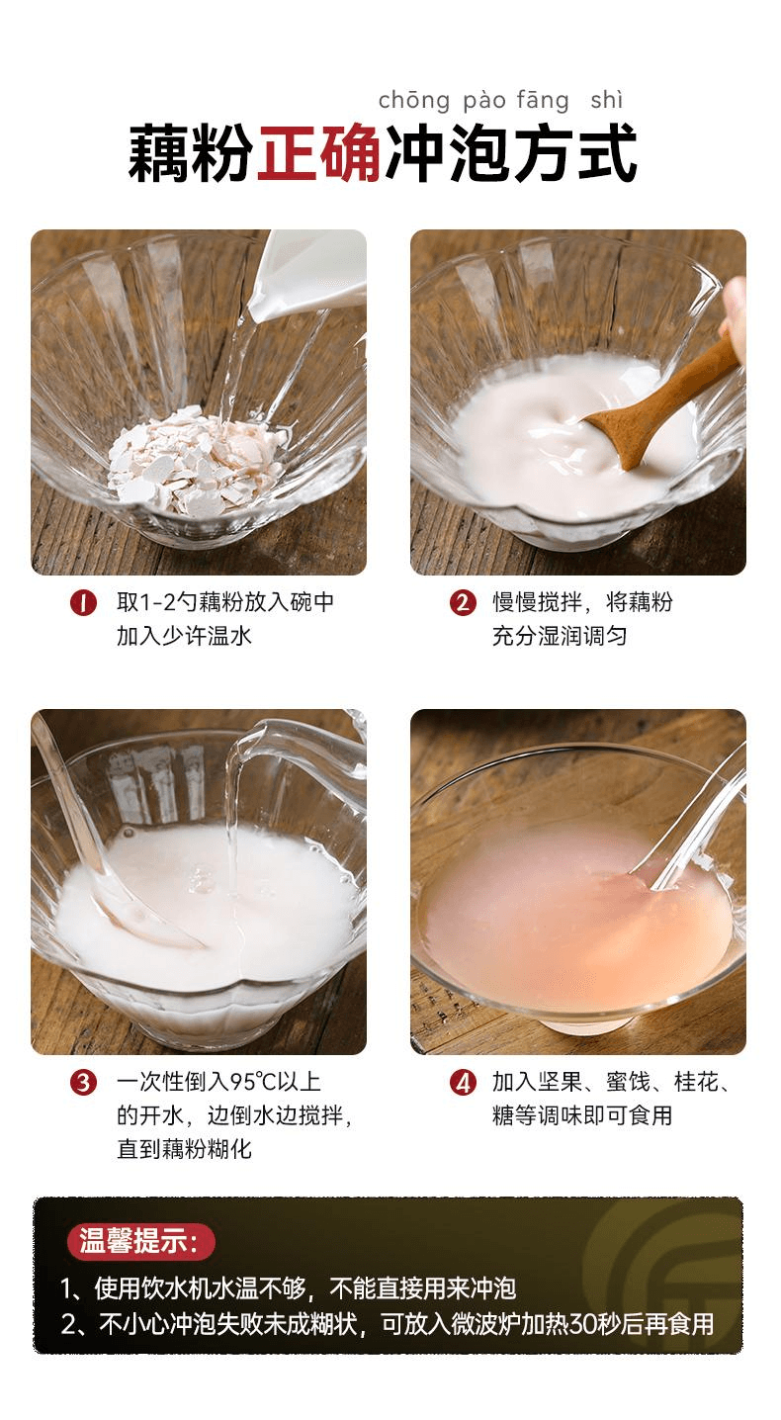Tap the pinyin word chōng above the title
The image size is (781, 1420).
(414, 100)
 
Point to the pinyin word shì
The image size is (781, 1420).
(607, 100)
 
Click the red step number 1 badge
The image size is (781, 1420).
(83, 602)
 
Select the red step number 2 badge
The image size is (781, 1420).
(463, 602)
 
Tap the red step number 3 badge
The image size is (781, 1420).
(83, 1083)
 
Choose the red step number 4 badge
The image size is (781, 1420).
(463, 1083)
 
